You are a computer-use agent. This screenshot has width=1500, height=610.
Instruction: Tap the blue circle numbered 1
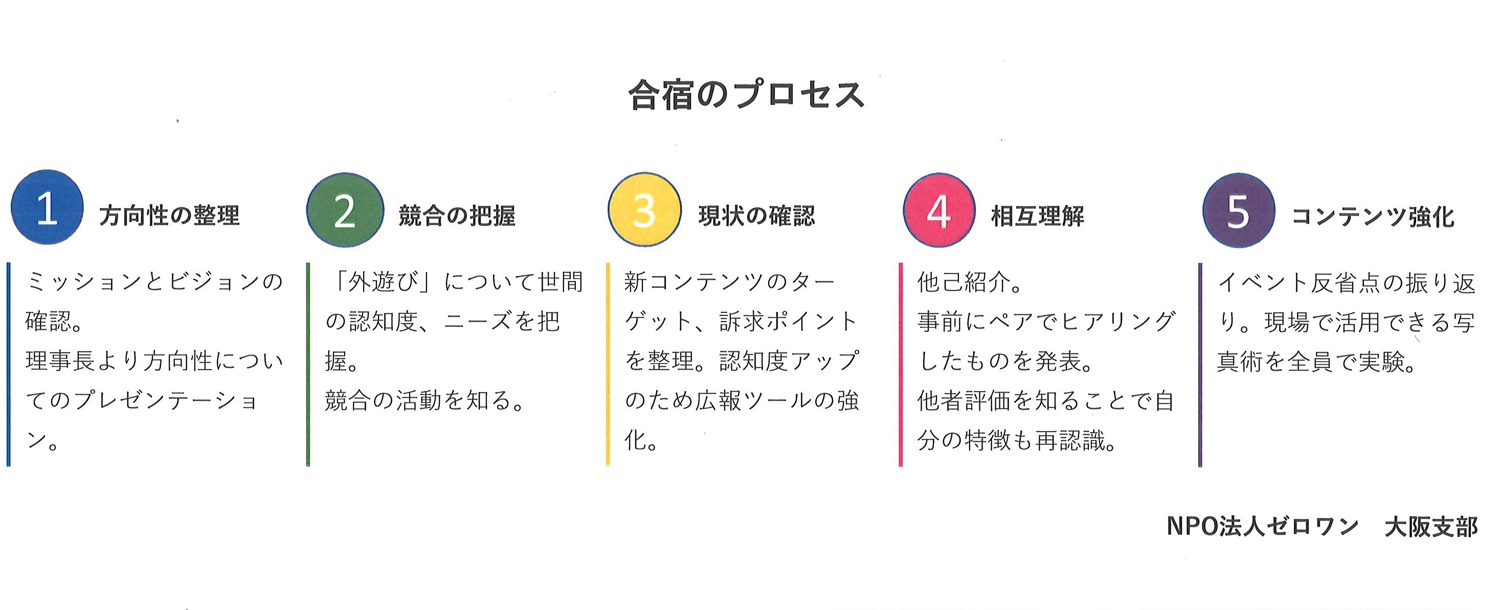click(47, 207)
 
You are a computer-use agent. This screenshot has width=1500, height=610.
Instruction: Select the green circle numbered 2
click(345, 210)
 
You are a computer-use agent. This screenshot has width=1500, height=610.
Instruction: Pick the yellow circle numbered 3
click(644, 210)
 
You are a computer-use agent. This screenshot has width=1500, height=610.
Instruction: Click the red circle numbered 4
click(938, 210)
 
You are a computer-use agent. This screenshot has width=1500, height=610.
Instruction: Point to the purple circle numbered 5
click(1239, 211)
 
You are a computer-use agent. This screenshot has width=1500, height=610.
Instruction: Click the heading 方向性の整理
click(169, 215)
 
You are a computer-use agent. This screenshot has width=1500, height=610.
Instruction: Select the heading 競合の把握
click(457, 216)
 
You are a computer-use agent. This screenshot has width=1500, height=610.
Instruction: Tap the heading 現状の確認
click(757, 216)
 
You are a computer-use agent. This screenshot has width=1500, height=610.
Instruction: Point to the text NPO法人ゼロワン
click(1262, 526)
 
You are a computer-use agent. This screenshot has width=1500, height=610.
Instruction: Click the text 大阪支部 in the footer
click(1431, 527)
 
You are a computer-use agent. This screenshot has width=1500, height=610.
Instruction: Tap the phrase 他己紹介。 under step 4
click(970, 282)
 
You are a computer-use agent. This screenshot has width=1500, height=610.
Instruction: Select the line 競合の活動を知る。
click(424, 400)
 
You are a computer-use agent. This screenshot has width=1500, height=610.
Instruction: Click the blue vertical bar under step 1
click(9, 365)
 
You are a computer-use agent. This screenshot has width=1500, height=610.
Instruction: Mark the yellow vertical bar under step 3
click(608, 365)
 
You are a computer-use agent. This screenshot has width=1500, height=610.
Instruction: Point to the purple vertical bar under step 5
click(1200, 365)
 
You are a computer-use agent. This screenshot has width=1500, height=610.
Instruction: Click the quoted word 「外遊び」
click(383, 282)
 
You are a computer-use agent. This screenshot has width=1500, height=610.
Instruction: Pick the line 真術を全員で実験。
click(1316, 362)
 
